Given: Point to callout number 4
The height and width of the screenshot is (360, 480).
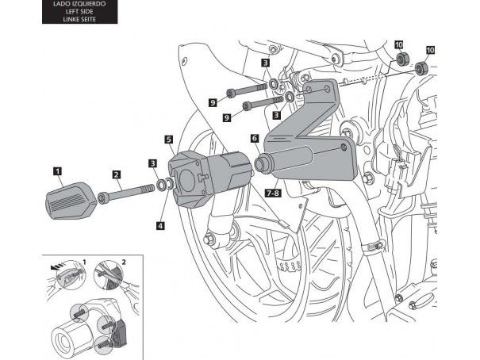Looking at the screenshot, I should tap(162, 225).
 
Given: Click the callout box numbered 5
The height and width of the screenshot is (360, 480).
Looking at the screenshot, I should tap(169, 140).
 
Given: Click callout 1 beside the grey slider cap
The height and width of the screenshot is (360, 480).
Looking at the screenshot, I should tap(58, 169).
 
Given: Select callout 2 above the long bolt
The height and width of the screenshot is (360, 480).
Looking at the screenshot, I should tap(116, 174).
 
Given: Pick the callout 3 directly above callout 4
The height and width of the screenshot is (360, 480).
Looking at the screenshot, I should tap(152, 163).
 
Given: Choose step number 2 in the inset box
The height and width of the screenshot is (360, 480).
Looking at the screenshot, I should tap(122, 261).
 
